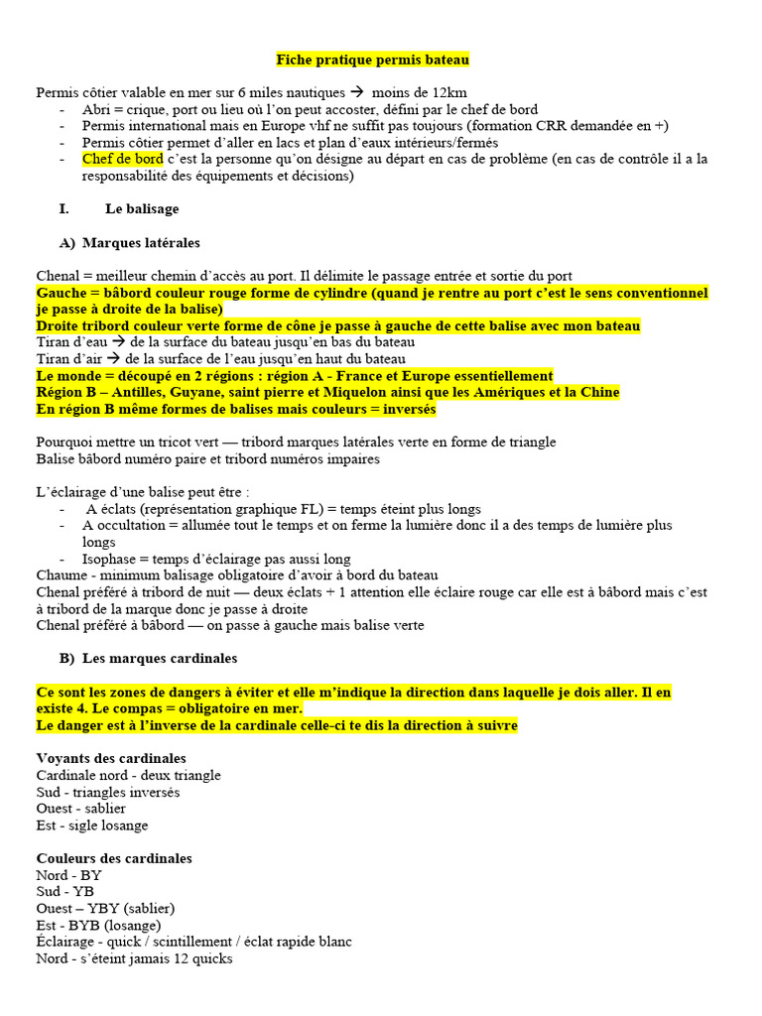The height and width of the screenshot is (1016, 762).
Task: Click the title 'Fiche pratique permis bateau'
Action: tap(372, 61)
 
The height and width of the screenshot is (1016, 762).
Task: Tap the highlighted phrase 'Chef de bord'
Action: tap(122, 159)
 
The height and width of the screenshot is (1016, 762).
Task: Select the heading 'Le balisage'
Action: tap(142, 209)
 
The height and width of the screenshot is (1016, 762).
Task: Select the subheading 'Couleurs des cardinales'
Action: tap(114, 858)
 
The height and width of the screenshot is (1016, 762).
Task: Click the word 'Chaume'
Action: tap(62, 575)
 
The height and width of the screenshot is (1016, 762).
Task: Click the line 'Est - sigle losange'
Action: tap(92, 825)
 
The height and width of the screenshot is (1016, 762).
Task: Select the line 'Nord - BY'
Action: tap(68, 875)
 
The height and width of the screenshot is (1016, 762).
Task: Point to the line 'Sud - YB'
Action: tap(64, 891)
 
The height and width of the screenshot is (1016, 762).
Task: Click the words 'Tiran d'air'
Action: tap(69, 358)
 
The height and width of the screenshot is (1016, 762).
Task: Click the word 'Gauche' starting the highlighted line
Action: tap(62, 294)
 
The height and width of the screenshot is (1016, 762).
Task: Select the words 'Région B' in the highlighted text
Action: tap(68, 392)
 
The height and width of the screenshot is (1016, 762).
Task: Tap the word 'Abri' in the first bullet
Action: tap(97, 109)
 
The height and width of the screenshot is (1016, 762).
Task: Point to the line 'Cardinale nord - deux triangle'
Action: tap(128, 775)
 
